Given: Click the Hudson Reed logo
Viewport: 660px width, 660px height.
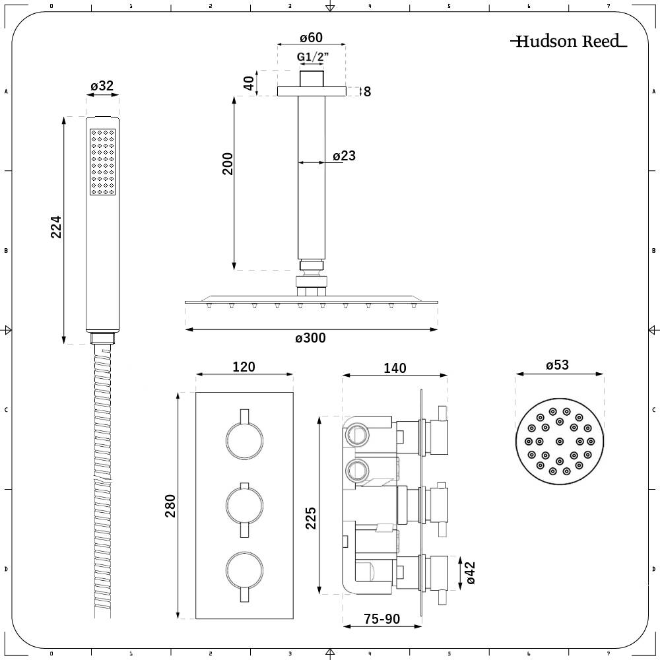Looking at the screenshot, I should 568,42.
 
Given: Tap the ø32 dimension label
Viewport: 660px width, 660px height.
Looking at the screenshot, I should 102,86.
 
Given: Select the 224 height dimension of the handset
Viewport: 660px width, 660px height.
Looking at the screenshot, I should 56,227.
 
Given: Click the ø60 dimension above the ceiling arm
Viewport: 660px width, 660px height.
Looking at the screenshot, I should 310,38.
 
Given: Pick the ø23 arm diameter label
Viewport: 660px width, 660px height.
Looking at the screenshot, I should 344,156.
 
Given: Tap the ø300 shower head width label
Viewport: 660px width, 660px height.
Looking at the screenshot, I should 310,338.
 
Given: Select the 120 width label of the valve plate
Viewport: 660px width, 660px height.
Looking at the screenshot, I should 244,367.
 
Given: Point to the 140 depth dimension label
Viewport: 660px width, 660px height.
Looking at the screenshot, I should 395,368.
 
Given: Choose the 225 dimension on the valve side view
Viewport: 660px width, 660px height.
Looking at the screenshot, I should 312,518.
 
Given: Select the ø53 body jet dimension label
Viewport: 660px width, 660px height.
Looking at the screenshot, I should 558,365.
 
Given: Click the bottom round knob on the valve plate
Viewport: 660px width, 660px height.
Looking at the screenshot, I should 244,572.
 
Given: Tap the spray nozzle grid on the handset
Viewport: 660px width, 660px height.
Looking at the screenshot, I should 102,162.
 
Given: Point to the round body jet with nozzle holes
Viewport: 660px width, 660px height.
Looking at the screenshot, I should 559,441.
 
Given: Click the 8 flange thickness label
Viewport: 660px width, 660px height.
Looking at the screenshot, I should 368,92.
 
